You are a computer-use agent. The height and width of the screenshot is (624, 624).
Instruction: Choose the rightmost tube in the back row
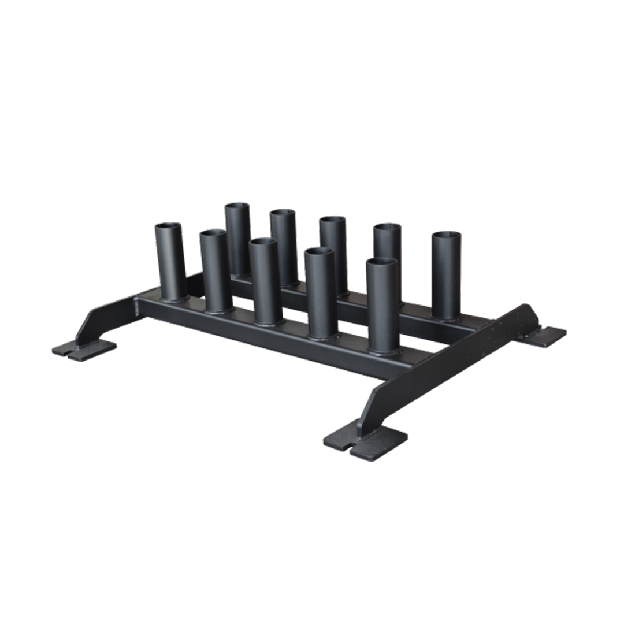click(x=447, y=274)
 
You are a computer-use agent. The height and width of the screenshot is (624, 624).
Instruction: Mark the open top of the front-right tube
click(x=381, y=262)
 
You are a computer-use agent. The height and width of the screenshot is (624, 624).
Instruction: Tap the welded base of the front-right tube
click(x=381, y=350)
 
